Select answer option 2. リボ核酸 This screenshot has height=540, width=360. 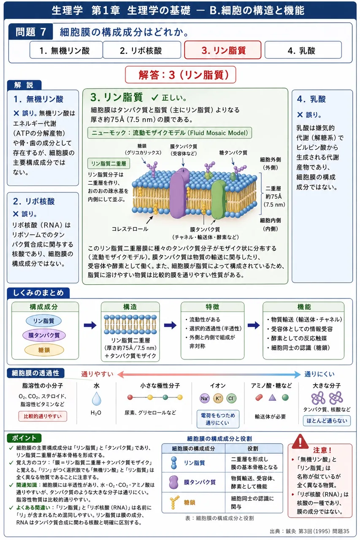(142, 50)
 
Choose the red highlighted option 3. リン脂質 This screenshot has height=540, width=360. (223, 50)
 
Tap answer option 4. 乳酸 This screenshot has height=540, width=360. (303, 50)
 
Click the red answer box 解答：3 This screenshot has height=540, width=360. (180, 75)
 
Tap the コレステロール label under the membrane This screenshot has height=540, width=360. (130, 229)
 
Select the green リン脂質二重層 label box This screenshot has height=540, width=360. (109, 163)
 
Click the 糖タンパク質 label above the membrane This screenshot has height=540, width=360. (233, 153)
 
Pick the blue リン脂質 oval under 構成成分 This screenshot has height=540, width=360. (43, 321)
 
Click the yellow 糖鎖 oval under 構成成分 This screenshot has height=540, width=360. (44, 350)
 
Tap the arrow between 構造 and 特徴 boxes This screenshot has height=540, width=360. (170, 325)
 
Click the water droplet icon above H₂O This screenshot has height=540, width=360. (97, 398)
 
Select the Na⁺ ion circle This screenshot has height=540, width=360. (204, 398)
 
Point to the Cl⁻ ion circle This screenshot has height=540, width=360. (231, 398)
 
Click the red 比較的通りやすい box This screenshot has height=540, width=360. (43, 416)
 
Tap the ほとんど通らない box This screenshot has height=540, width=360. (327, 421)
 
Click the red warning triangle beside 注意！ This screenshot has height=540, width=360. (300, 441)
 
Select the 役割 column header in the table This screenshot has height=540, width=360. (253, 448)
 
